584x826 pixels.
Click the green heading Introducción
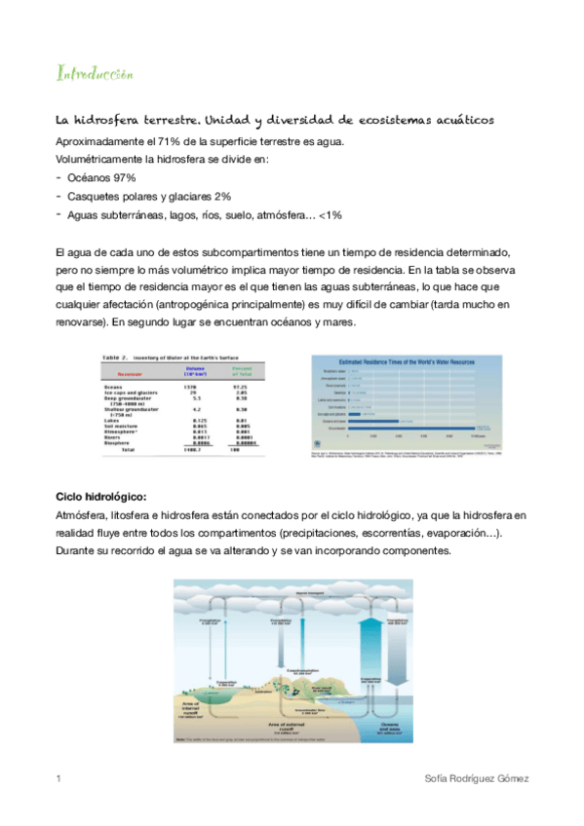tap(95, 74)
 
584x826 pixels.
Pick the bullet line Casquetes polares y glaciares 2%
tap(149, 197)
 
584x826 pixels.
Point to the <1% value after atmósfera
tap(329, 214)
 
